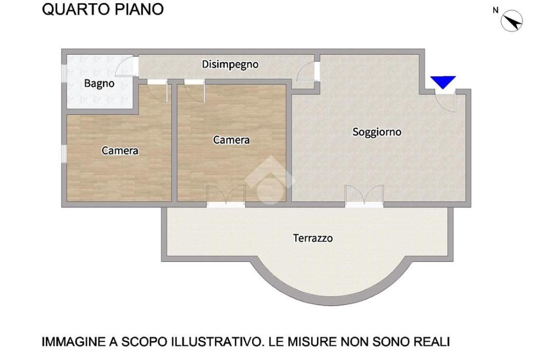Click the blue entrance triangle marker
[443, 82]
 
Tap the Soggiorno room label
[377, 132]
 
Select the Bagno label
[99, 84]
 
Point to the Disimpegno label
[230, 65]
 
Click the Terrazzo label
[313, 238]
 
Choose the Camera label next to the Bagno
[120, 150]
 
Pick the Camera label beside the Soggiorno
[232, 140]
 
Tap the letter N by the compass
[496, 11]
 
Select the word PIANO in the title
[139, 9]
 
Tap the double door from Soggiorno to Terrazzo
[364, 197]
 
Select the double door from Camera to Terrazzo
[226, 197]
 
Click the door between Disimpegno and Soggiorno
[308, 72]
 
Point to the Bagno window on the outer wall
[64, 74]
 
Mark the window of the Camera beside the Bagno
[64, 153]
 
